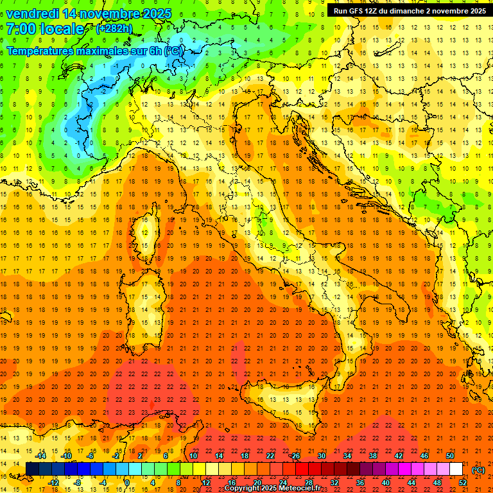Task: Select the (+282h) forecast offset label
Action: (x=114, y=29)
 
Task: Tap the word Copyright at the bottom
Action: (x=243, y=489)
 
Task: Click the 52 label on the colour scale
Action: (x=463, y=482)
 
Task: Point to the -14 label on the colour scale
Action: (x=42, y=456)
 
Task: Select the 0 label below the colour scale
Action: (x=127, y=482)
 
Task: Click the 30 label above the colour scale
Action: (x=321, y=456)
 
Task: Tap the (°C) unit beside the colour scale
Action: (x=478, y=470)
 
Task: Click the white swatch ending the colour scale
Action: (x=456, y=469)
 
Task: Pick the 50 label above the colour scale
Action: (x=449, y=456)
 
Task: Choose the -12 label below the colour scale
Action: (x=54, y=482)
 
